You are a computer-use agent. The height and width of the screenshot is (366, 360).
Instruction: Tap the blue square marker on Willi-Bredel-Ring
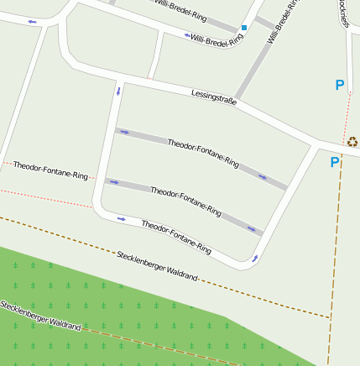point(244,28)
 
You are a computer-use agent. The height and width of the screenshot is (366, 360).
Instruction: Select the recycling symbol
point(352,141)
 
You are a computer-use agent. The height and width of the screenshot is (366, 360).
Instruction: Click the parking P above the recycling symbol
point(340,85)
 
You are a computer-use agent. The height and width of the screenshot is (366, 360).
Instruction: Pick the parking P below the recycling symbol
point(334,162)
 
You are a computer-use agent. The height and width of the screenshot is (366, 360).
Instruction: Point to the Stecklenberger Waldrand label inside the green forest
point(40,315)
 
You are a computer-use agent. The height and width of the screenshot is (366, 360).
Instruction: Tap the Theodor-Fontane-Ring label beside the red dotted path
point(50,170)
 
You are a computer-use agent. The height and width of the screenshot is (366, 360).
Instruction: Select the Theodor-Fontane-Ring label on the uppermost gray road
point(203,154)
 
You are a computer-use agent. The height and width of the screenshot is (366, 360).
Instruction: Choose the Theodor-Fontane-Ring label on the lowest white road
point(175,237)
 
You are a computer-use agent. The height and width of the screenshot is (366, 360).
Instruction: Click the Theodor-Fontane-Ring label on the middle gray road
point(185,201)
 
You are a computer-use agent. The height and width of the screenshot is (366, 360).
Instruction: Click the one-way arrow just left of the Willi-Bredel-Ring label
point(186,35)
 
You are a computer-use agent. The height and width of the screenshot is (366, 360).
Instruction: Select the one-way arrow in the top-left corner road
point(33,21)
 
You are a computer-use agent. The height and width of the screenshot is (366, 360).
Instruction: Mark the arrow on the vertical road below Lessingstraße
point(118,89)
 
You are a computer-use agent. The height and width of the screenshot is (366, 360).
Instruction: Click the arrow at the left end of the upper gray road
point(124,132)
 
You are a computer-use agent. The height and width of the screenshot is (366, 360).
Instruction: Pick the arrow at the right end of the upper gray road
point(263,177)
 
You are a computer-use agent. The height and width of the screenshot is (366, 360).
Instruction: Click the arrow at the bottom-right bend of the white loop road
point(254,259)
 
